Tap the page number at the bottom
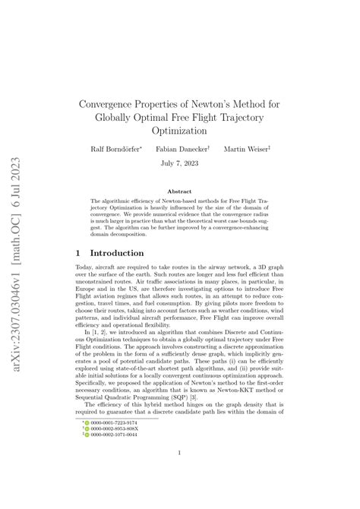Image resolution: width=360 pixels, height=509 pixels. point(180,454)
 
